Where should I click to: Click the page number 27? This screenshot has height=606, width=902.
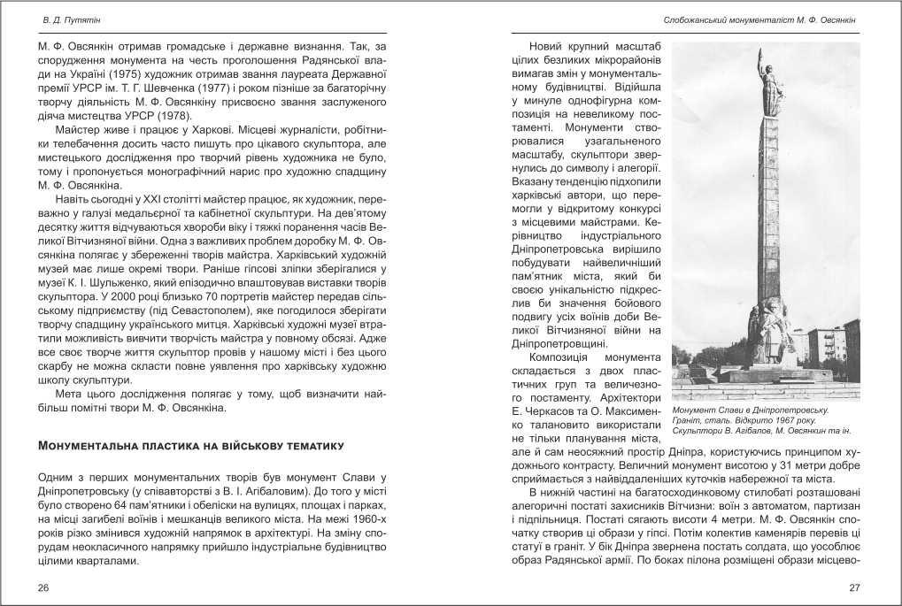pyautogui.click(x=854, y=587)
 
